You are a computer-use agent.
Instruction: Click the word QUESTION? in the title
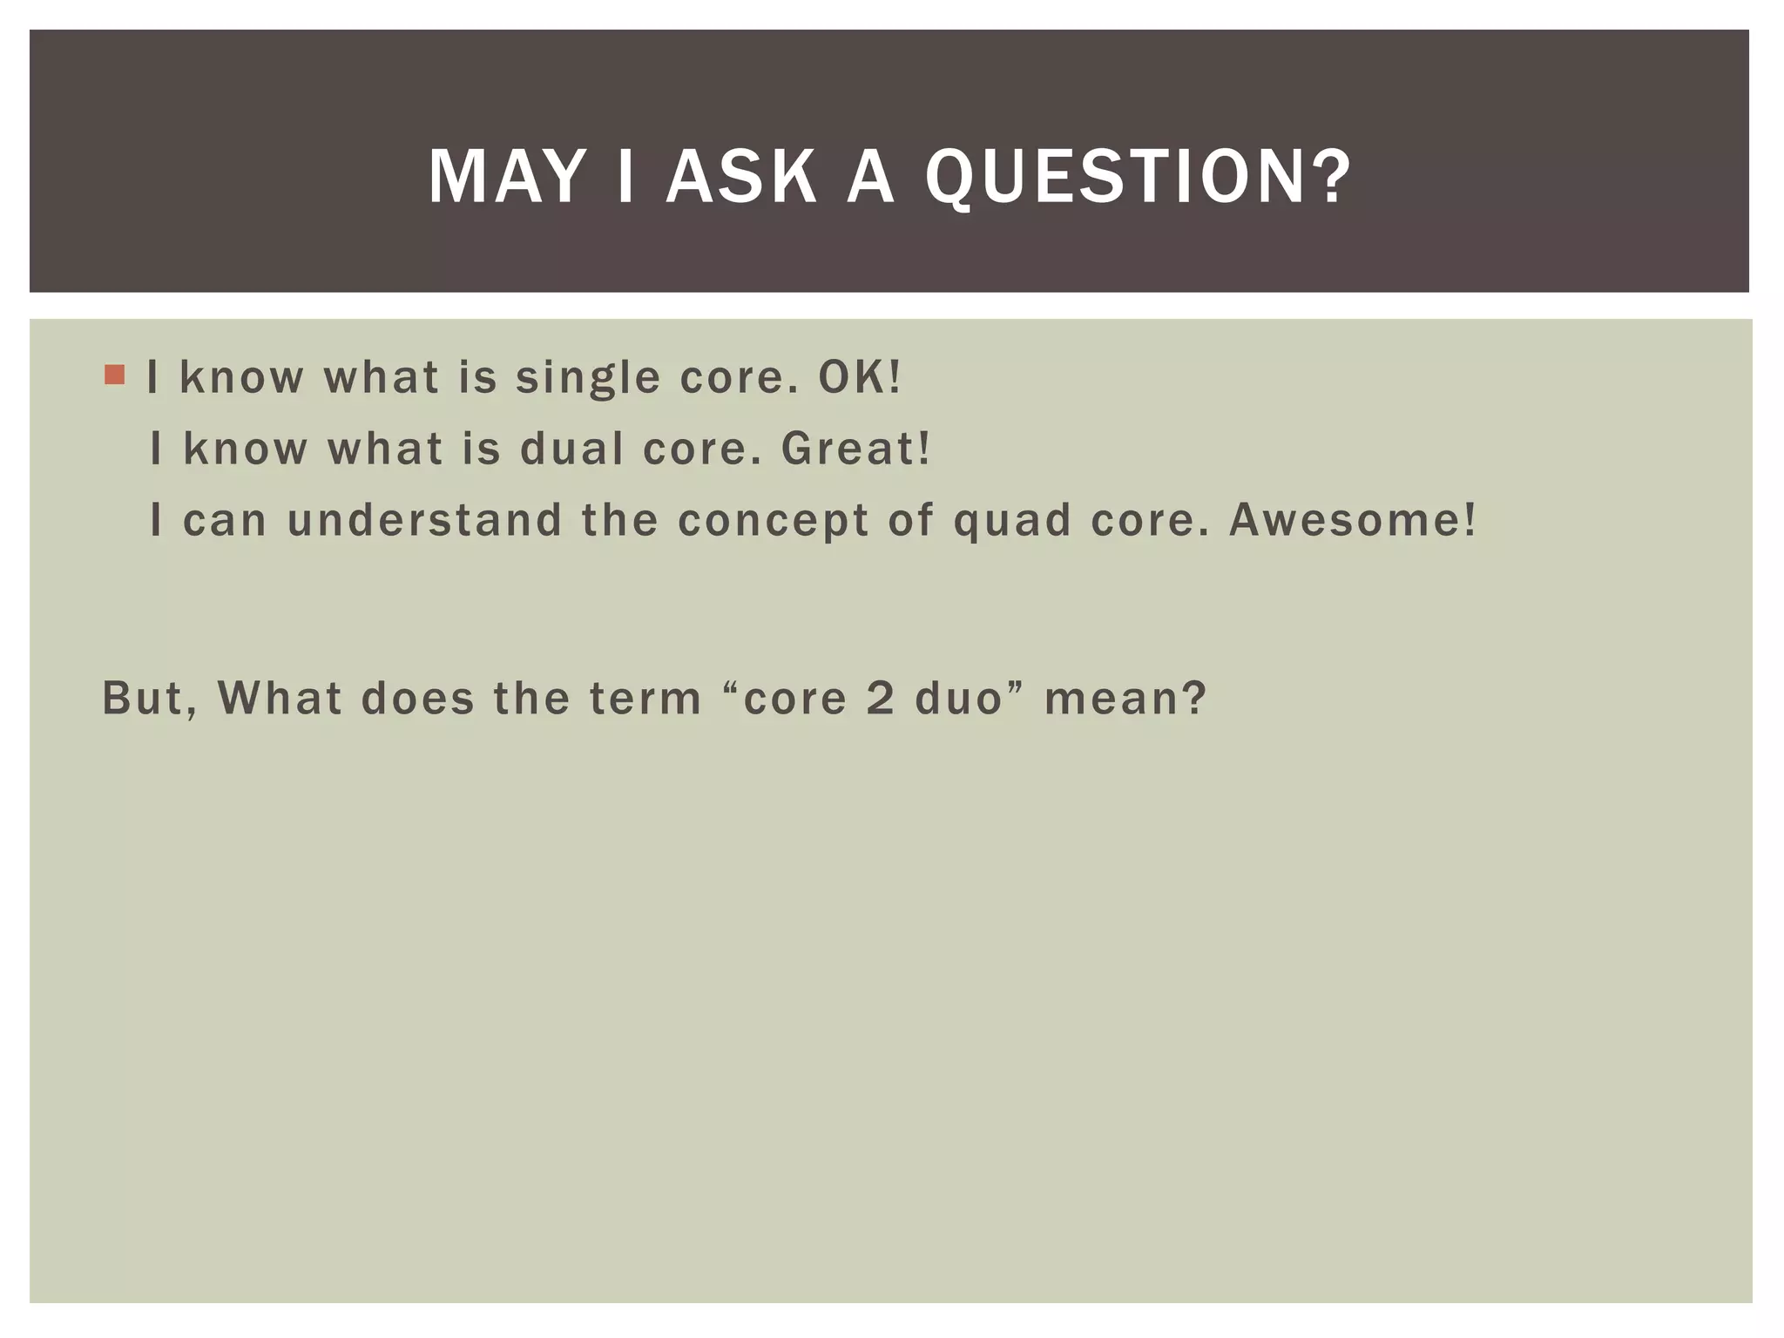point(1138,177)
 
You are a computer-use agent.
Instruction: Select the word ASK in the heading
point(741,177)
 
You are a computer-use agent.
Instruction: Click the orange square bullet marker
point(114,375)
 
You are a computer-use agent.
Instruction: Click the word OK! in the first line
point(859,377)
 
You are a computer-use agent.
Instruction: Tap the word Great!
point(855,449)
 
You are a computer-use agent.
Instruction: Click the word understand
point(424,520)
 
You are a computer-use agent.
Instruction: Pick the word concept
point(773,522)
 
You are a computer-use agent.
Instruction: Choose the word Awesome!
point(1353,520)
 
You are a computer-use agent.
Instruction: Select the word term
point(645,698)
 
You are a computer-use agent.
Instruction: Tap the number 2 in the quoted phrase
point(881,698)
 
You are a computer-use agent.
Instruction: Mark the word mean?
point(1125,698)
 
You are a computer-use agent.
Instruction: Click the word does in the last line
point(418,698)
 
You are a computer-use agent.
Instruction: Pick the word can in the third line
point(225,520)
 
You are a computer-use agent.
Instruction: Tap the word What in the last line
point(280,698)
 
